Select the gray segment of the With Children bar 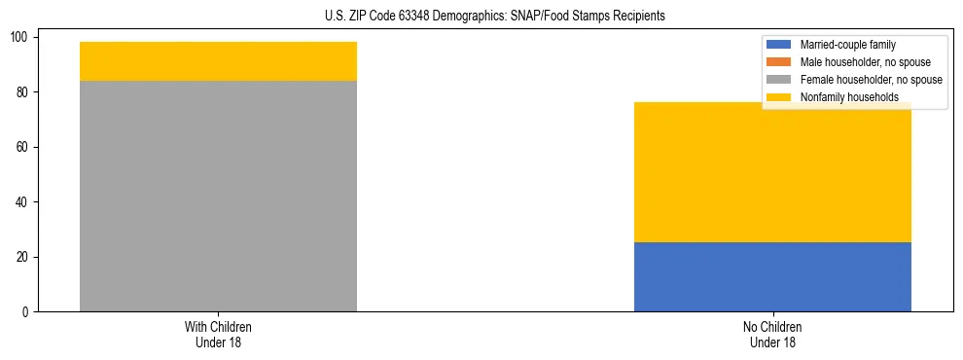pos(218,196)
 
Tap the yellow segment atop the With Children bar pos(218,61)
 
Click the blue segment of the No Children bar pos(772,276)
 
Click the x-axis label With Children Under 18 pos(218,334)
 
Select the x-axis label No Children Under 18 pos(772,334)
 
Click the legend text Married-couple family pos(848,45)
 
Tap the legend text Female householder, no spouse pos(871,80)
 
